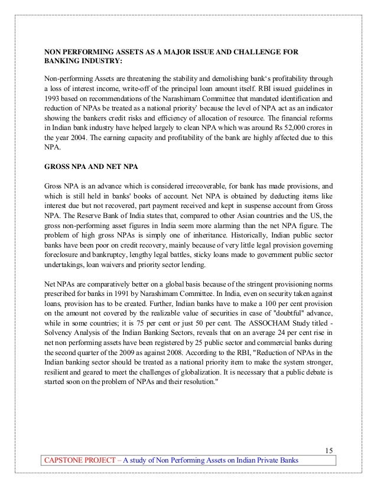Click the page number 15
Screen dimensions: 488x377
coord(329,452)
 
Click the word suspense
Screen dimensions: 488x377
coord(257,204)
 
